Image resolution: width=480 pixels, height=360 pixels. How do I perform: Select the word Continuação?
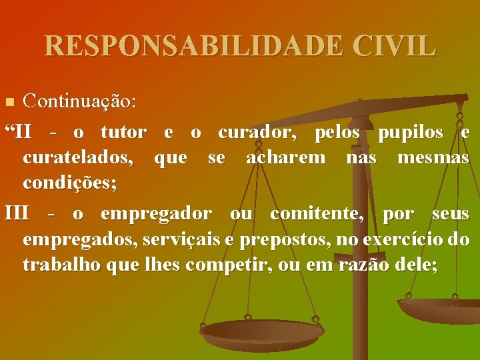79,102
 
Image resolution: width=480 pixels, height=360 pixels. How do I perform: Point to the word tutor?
123,132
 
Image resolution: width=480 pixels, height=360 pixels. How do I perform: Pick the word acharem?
286,158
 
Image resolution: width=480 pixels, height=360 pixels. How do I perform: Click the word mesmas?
433,158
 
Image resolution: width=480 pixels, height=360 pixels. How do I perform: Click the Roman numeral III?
17,213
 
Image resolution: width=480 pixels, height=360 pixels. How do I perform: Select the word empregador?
156,214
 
